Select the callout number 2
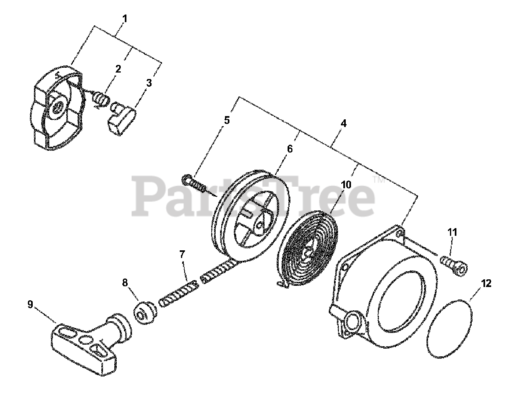(118, 69)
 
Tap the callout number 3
(149, 83)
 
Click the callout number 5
(227, 120)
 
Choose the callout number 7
(182, 254)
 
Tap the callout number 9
(30, 304)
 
